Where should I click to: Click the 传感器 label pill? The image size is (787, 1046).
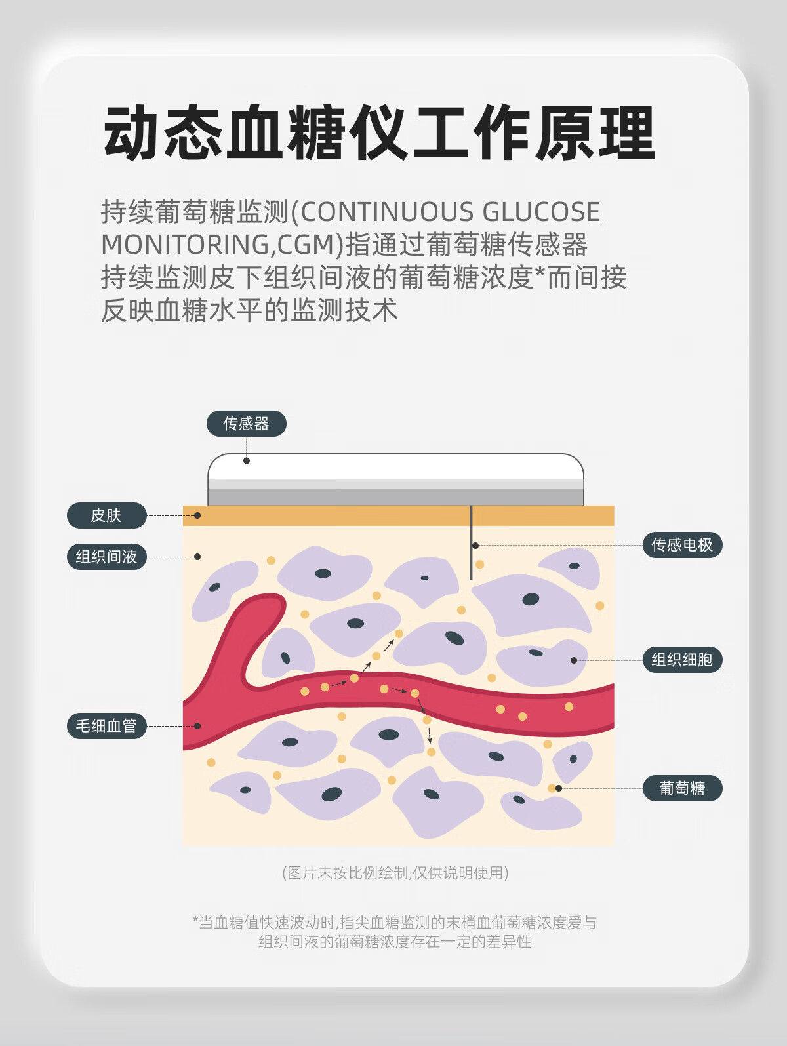coord(247,424)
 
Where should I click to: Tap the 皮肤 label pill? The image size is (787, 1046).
coord(106,515)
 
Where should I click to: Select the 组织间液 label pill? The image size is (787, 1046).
coord(106,557)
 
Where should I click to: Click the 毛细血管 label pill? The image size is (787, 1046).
coord(106,726)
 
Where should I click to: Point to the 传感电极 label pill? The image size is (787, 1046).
coord(682,545)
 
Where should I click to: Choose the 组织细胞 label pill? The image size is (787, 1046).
coord(682,660)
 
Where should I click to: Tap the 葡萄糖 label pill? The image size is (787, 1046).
coord(682,788)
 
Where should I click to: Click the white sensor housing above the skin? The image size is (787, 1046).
coord(395,469)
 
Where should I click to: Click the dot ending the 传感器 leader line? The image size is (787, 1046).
coord(247,461)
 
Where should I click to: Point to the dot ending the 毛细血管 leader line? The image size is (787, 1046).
coord(197,726)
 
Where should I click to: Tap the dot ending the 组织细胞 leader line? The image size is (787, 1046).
coord(574,660)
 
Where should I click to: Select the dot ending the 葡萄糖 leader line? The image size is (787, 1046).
coord(559,788)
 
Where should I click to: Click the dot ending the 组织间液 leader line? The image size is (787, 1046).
coord(197,557)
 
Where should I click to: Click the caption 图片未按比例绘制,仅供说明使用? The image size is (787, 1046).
coord(395,873)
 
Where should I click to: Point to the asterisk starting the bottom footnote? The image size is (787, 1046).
coord(195,921)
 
